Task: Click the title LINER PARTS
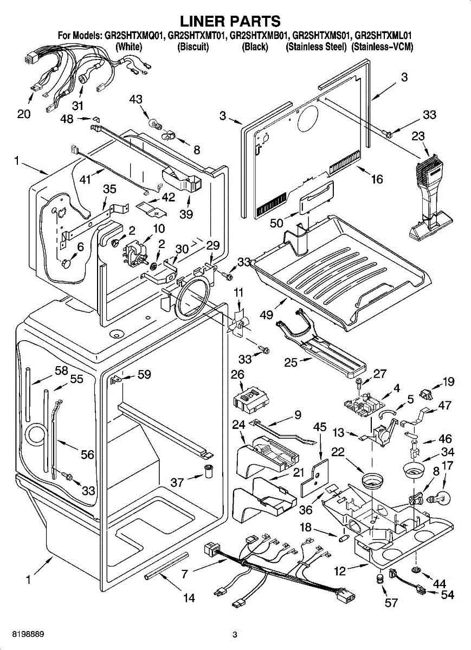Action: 230,21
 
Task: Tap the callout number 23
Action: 418,137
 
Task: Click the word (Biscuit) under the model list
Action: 193,47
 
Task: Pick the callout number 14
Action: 189,598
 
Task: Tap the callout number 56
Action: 88,455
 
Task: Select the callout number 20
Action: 24,114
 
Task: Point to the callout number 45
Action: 320,427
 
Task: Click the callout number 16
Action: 377,179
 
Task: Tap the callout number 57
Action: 391,602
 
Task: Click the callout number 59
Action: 144,374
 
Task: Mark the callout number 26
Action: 237,374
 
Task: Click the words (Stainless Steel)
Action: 316,47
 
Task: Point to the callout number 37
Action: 178,483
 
